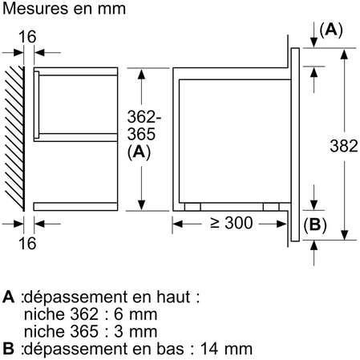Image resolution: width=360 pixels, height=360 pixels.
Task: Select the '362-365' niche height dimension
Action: (x=141, y=125)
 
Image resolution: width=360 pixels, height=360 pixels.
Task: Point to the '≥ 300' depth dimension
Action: (x=233, y=224)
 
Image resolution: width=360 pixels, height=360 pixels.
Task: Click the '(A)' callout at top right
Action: (x=330, y=30)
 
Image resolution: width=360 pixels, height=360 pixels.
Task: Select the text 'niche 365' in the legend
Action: (x=55, y=331)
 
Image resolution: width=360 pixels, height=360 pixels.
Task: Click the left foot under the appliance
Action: (x=192, y=206)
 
